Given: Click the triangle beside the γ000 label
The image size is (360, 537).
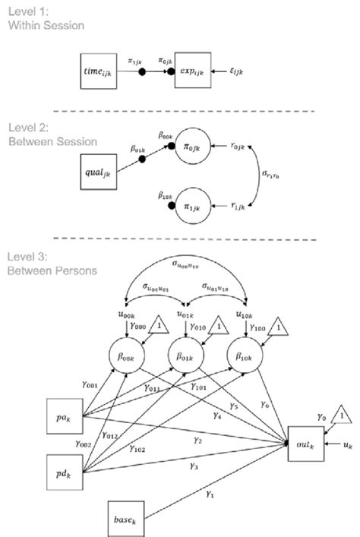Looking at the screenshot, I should (x=158, y=324).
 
